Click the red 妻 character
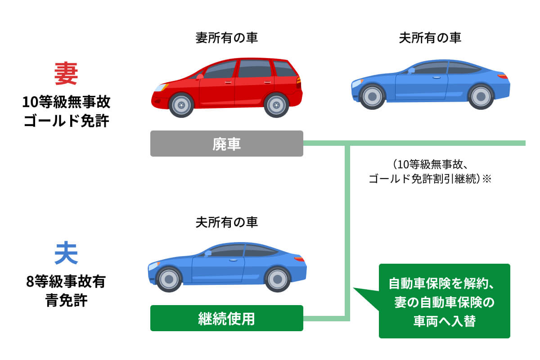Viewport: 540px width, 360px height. coord(66,74)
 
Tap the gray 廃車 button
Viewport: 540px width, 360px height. coord(226,144)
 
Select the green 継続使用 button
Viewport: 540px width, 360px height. coord(226,318)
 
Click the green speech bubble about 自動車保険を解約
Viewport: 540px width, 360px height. coord(444,301)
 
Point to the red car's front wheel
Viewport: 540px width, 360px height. coord(181,105)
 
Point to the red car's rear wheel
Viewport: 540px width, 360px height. coord(276,105)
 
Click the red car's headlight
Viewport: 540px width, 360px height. coord(160,87)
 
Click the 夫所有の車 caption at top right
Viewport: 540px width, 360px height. coord(430,38)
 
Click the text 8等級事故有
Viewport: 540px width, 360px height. coord(66,282)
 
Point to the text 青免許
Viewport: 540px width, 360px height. coord(66,300)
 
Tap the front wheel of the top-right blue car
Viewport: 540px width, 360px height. coord(373,96)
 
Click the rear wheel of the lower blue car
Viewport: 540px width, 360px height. coord(277,279)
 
